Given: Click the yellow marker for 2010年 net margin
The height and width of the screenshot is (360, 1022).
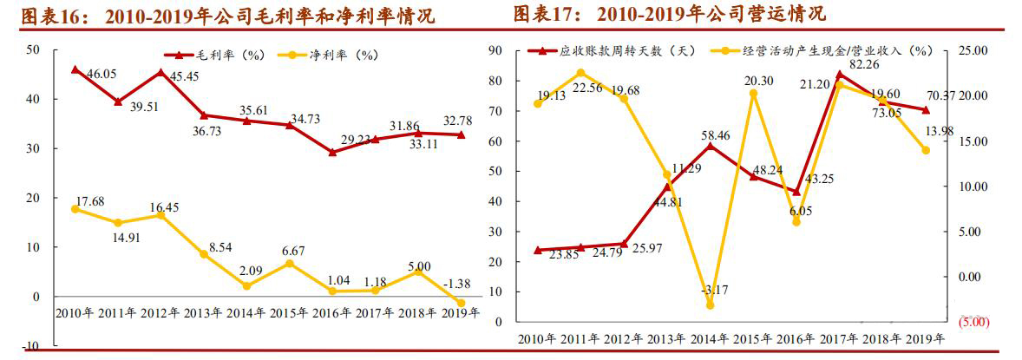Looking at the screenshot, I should coord(75,209).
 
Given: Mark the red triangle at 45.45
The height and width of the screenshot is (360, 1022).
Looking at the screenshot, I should coord(161,73).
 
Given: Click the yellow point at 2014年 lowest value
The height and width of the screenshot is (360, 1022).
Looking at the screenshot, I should coord(710,304).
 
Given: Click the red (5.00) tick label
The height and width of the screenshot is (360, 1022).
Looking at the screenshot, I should coord(973,322).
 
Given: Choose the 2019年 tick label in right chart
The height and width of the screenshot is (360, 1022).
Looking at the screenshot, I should coord(925,340).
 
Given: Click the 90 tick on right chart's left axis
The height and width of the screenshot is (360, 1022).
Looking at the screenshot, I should coord(498,50).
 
